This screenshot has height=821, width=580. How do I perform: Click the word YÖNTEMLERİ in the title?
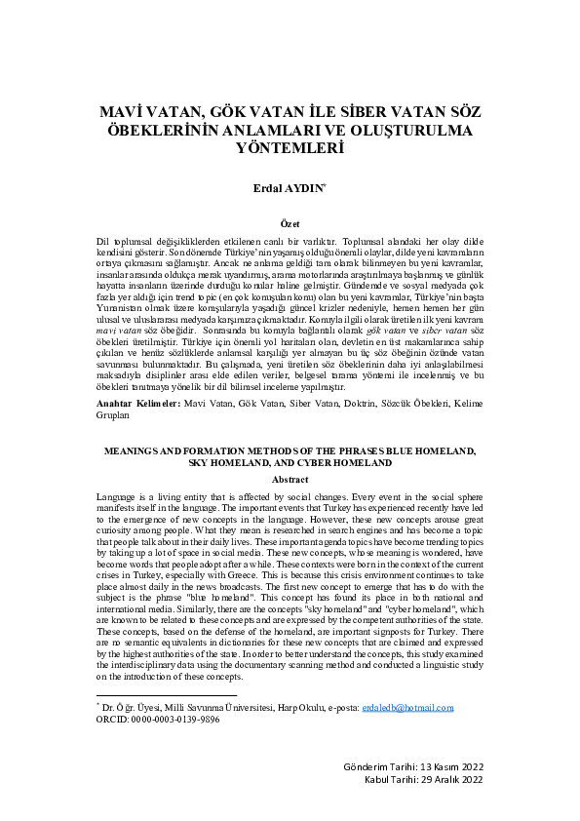point(290,149)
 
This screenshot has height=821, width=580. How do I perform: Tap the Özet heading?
point(290,223)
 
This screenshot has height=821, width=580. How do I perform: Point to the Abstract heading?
point(290,480)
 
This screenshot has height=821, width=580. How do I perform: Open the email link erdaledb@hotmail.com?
point(407,708)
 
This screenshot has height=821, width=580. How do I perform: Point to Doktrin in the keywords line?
point(360,403)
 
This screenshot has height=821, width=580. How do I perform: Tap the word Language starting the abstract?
point(119,497)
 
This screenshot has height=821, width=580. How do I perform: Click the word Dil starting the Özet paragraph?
point(104,240)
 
